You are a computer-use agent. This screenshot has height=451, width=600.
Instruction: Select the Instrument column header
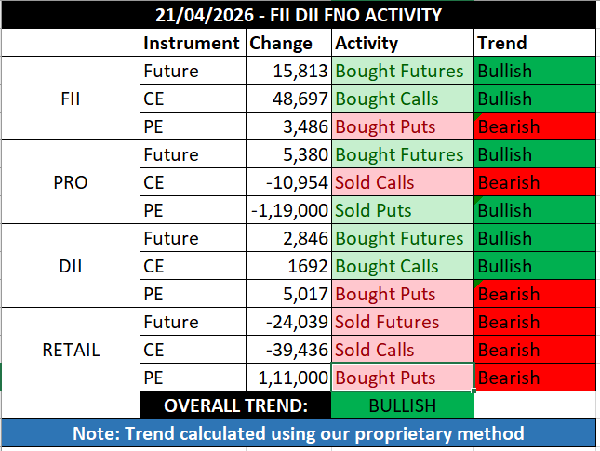click(191, 43)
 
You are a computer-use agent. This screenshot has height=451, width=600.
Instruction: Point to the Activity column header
click(367, 43)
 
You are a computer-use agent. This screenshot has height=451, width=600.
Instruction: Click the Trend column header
click(501, 43)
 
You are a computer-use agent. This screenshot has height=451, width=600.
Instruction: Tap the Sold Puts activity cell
click(374, 210)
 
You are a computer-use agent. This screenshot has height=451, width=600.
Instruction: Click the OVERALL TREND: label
click(235, 405)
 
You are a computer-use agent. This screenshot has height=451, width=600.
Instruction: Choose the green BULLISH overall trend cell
click(402, 405)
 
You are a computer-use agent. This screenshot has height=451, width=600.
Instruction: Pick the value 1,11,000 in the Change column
click(292, 378)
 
